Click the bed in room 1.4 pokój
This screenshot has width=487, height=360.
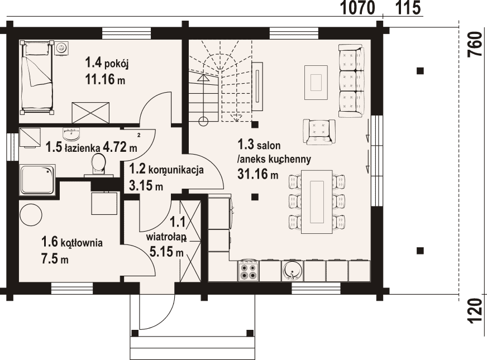point(37,77)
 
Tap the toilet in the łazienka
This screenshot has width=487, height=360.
point(99,165)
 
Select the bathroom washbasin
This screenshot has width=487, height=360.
point(71,134)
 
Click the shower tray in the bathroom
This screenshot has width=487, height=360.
point(37,180)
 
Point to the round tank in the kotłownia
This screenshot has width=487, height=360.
point(31,215)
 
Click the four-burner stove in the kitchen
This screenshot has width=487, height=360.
point(249,271)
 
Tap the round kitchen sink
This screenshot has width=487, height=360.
point(292,270)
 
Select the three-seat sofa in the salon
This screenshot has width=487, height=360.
point(351,81)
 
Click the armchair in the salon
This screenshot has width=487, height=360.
point(319,132)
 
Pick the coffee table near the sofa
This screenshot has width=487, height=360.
point(316,82)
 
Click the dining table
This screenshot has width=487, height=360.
point(317,201)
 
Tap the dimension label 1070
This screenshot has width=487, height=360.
point(357,8)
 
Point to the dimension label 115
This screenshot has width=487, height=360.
point(408,8)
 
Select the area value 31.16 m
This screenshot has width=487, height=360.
point(258,174)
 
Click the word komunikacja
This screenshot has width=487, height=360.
point(176,170)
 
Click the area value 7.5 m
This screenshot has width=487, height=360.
point(55,258)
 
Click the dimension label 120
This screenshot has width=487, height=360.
point(475,311)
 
